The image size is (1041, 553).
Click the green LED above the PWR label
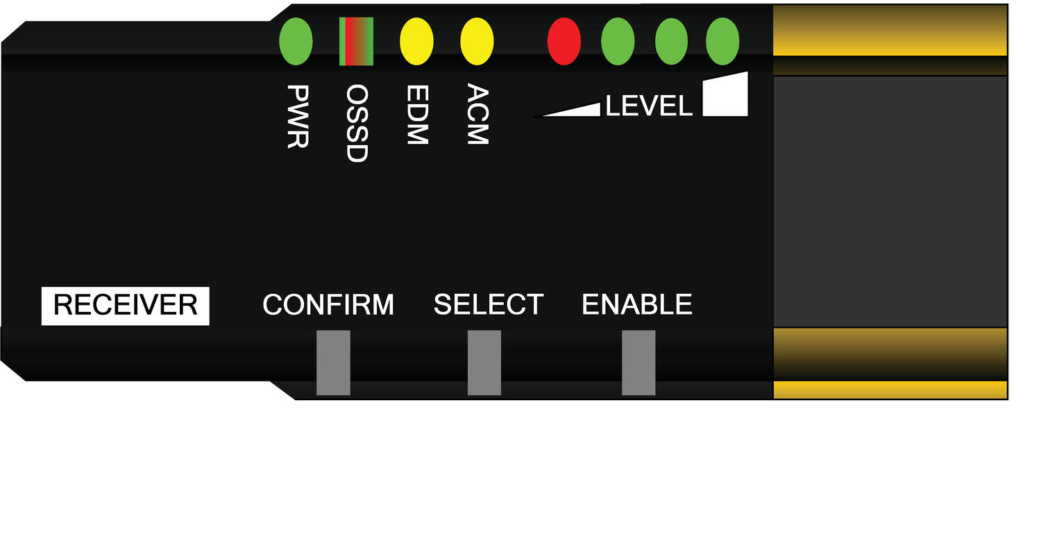(x=296, y=42)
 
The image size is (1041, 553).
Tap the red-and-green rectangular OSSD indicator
(x=356, y=42)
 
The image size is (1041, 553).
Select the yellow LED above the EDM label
(x=416, y=42)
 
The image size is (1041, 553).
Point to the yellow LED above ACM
(x=477, y=42)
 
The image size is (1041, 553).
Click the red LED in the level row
(x=564, y=42)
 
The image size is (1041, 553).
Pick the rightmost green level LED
(x=722, y=42)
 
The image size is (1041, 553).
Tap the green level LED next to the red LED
(x=618, y=42)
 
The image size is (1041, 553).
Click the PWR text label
(x=298, y=116)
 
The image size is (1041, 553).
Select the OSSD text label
(x=357, y=123)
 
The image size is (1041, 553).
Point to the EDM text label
(x=417, y=115)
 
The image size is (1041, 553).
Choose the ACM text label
(x=477, y=114)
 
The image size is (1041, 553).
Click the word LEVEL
(x=649, y=106)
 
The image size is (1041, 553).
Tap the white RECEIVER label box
(x=126, y=306)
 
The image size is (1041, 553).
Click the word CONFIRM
(x=328, y=305)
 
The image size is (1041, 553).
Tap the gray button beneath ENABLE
(x=638, y=363)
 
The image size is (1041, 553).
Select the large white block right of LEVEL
(x=725, y=94)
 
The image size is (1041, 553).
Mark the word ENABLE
(x=637, y=305)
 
